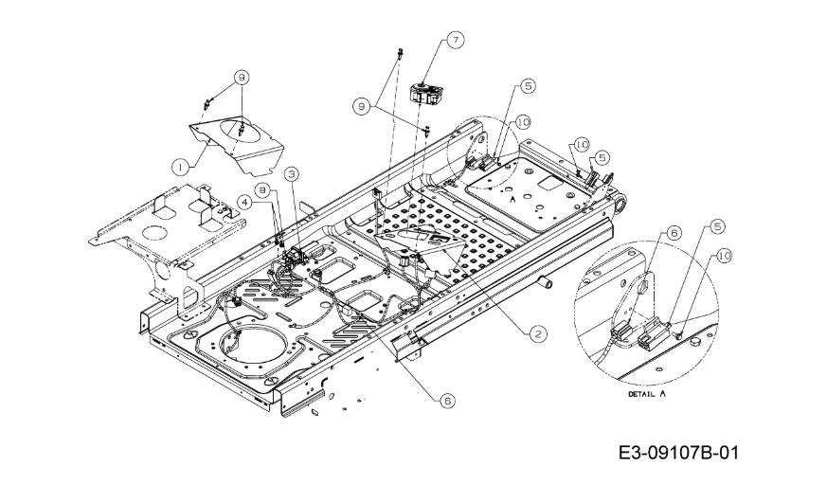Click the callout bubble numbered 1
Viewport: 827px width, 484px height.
(x=180, y=167)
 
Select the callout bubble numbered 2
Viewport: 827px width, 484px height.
(x=538, y=333)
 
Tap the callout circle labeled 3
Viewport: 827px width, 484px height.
(x=291, y=173)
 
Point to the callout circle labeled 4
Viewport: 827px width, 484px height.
(x=244, y=201)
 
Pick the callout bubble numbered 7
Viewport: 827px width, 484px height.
(x=455, y=40)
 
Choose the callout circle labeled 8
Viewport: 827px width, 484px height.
(x=262, y=189)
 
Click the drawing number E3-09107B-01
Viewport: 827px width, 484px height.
(x=679, y=453)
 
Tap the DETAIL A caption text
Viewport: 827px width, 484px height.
(x=647, y=394)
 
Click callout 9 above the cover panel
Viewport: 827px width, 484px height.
(x=241, y=78)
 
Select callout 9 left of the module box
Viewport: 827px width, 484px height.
(x=361, y=106)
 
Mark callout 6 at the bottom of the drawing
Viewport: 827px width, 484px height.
(x=447, y=401)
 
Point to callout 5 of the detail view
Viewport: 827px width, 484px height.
(x=717, y=226)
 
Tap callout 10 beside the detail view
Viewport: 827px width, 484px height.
(x=724, y=257)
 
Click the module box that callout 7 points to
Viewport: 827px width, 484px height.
(x=426, y=94)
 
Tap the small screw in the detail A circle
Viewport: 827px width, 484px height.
(x=679, y=334)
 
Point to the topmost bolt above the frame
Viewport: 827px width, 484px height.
(x=400, y=53)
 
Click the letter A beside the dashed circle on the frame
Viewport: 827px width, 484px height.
(x=512, y=200)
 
